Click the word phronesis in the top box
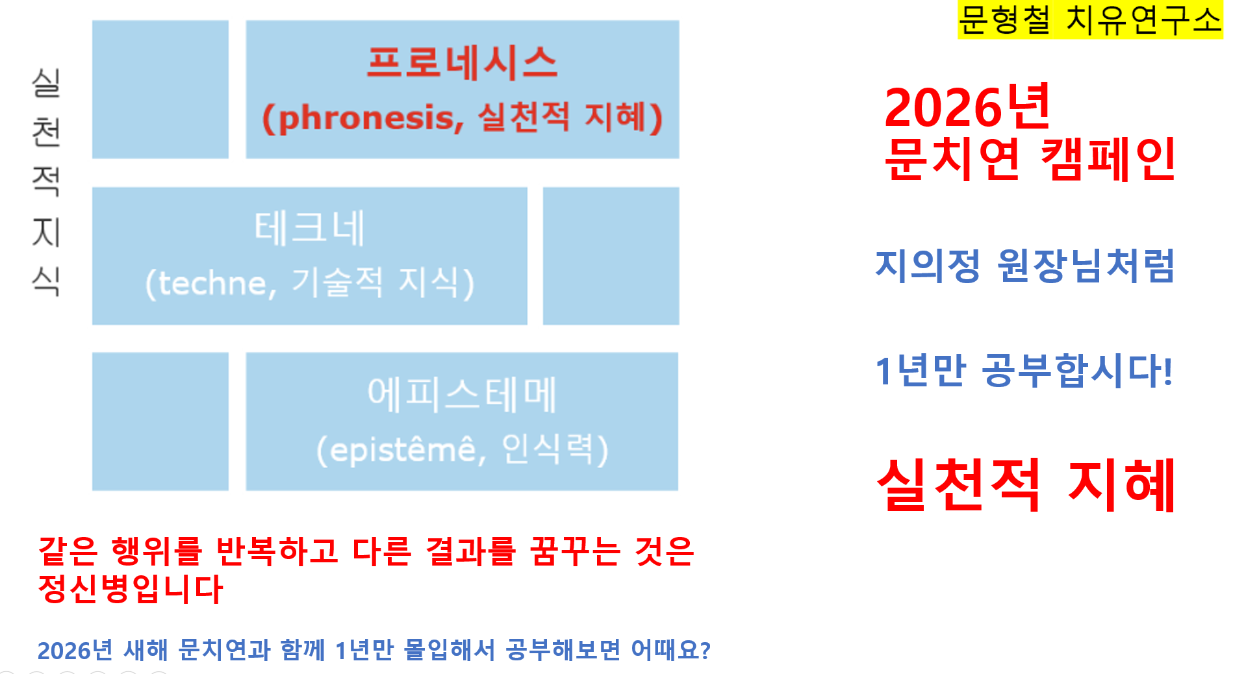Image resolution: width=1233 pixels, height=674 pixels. pyautogui.click(x=366, y=118)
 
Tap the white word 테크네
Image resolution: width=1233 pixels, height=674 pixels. pyautogui.click(x=309, y=228)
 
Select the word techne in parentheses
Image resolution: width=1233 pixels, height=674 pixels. pyautogui.click(x=212, y=283)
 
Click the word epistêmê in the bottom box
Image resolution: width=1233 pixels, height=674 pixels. pyautogui.click(x=403, y=449)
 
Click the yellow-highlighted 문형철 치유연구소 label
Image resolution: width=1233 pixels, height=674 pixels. pyautogui.click(x=1090, y=19)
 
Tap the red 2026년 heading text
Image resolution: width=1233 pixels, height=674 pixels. pyautogui.click(x=967, y=107)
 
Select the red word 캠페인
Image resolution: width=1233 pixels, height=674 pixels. pyautogui.click(x=1108, y=159)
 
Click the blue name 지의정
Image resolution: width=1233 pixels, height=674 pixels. pyautogui.click(x=927, y=266)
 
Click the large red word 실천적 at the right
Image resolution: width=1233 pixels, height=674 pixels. pyautogui.click(x=959, y=484)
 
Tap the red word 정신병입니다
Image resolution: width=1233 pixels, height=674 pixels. pyautogui.click(x=131, y=589)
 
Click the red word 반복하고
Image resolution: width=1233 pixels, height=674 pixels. pyautogui.click(x=277, y=551)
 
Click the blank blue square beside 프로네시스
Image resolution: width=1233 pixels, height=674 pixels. pyautogui.click(x=160, y=90)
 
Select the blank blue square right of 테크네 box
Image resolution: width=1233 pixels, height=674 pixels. pyautogui.click(x=611, y=256)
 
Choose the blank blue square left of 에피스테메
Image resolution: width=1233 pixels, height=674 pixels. pyautogui.click(x=160, y=421)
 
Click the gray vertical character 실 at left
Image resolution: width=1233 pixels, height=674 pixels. pyautogui.click(x=46, y=83)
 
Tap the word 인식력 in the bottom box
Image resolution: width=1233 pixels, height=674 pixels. pyautogui.click(x=548, y=449)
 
